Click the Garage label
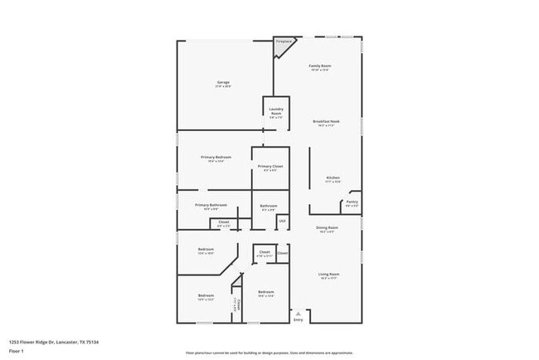[x=223, y=82]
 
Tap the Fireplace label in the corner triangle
[x=284, y=41]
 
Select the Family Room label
[x=320, y=66]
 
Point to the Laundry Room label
[x=276, y=110]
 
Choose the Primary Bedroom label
[x=216, y=157]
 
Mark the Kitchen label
[x=333, y=178]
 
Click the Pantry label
[x=352, y=201]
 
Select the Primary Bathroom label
[x=211, y=205]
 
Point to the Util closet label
[x=282, y=221]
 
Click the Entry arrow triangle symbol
[x=299, y=313]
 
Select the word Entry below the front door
[x=299, y=319]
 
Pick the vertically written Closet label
[x=236, y=305]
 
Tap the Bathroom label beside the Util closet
[x=268, y=206]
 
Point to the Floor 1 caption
[x=17, y=350]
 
